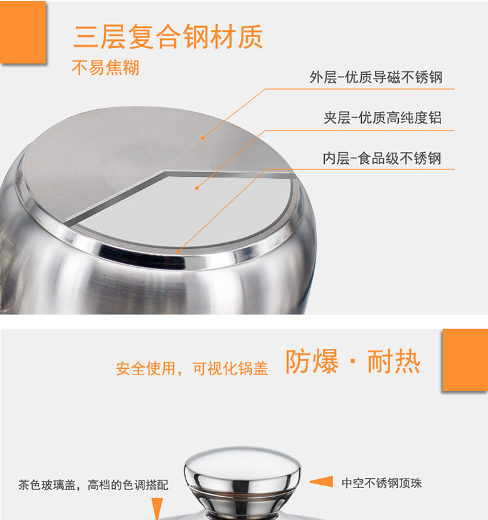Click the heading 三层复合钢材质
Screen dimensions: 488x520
click(168, 36)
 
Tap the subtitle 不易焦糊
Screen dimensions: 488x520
click(105, 68)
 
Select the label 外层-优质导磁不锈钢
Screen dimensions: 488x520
click(376, 77)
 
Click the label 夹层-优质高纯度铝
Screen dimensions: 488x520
click(383, 118)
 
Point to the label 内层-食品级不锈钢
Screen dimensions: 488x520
click(382, 158)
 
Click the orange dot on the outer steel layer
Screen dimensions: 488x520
click(203, 138)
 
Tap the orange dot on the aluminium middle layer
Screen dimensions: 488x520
click(197, 188)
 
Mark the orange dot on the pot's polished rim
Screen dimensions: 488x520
click(178, 252)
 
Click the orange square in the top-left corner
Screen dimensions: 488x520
click(23, 32)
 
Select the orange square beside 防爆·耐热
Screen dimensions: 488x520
click(465, 360)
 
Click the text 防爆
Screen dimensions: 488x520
click(312, 361)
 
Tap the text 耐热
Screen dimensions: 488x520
click(394, 361)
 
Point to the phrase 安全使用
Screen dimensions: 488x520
click(145, 369)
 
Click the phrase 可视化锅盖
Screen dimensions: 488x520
click(230, 369)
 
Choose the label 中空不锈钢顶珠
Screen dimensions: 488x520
click(381, 483)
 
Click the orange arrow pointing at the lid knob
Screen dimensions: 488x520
click(321, 482)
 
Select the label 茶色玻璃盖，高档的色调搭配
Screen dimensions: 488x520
click(93, 485)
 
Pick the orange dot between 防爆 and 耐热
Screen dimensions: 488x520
click(353, 361)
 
